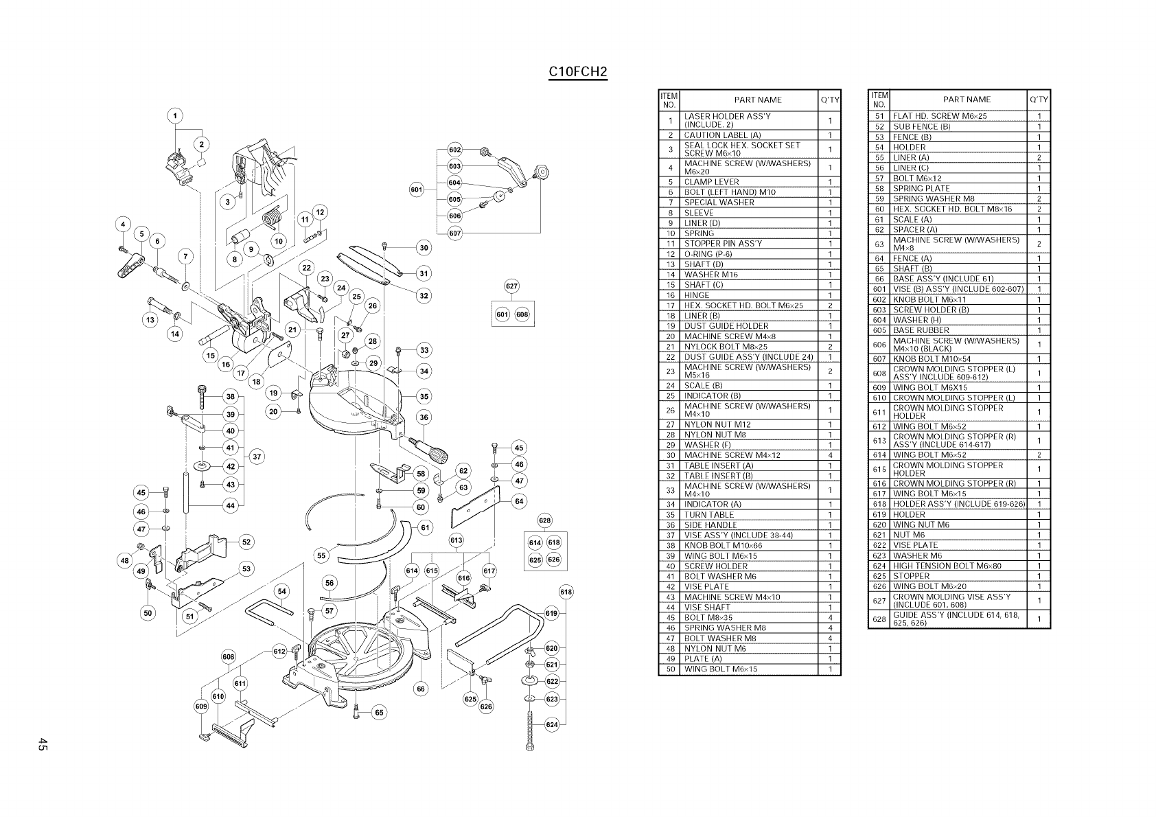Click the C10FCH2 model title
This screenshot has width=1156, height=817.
pos(578,72)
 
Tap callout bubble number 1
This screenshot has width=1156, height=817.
pos(176,116)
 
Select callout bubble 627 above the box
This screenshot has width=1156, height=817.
pos(511,286)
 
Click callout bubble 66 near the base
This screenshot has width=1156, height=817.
pos(421,689)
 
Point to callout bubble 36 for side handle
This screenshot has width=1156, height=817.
pos(424,417)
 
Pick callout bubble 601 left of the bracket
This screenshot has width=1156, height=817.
pos(416,189)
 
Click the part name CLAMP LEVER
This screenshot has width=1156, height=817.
pos(711,182)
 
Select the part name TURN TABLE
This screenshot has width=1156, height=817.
pos(709,514)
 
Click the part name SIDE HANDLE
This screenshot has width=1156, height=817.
pos(710,525)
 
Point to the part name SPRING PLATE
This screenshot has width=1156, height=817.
pos(921,188)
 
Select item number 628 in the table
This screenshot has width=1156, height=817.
pos(879,619)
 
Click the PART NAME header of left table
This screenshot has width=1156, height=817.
pos(758,100)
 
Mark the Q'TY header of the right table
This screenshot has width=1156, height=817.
pos(1039,100)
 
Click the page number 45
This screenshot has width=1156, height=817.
pos(43,744)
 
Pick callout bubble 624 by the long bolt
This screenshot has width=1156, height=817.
pos(551,724)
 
